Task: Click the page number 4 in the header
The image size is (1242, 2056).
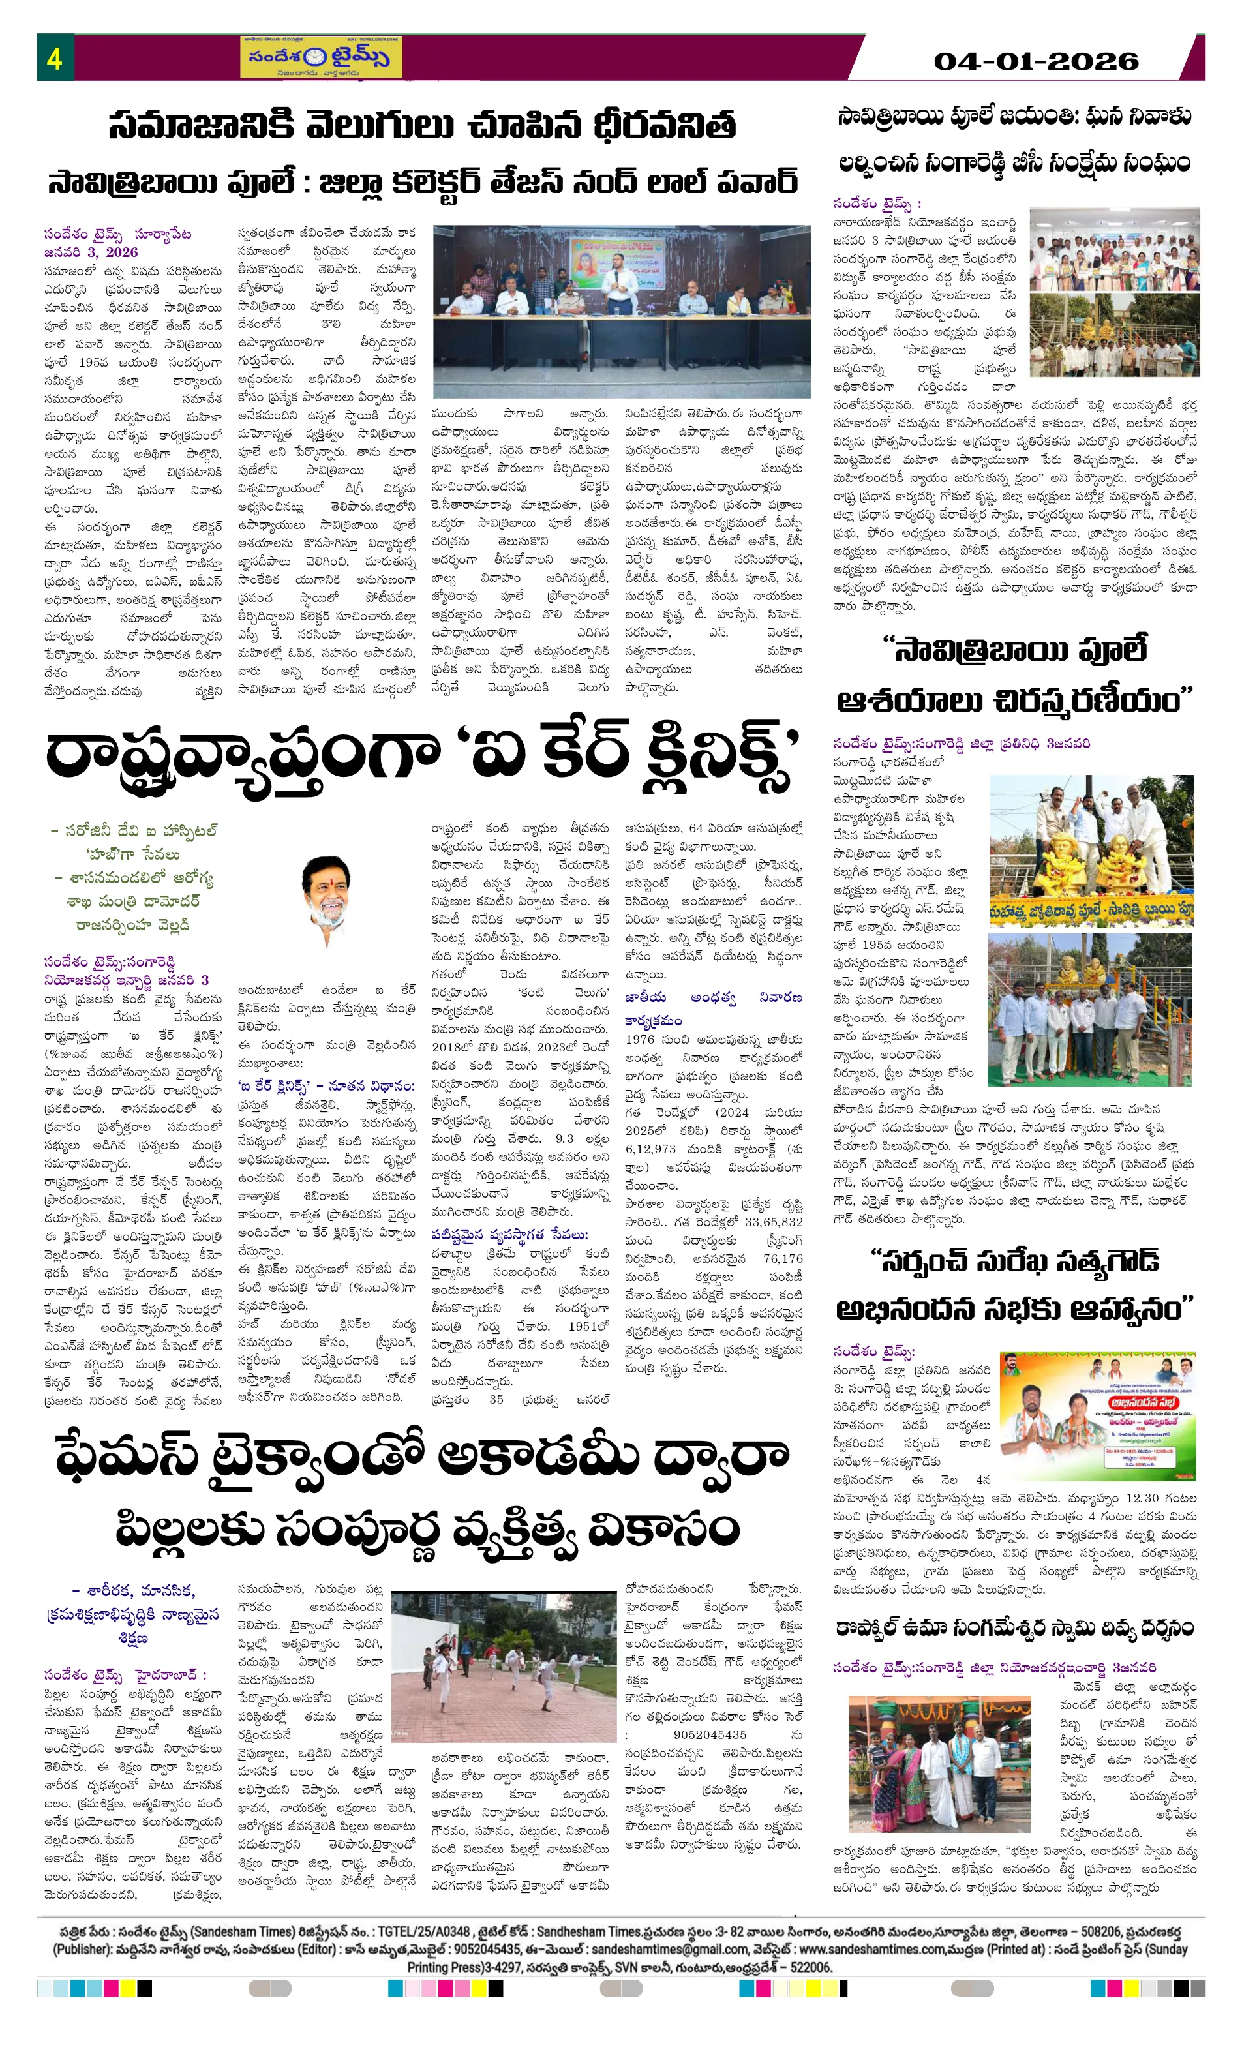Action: click(54, 59)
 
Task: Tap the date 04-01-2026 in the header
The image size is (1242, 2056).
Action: click(1035, 61)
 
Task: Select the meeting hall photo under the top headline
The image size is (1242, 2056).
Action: click(621, 310)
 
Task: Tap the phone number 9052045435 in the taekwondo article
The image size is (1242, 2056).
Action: click(710, 1734)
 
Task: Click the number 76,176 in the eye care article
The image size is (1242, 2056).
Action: click(782, 1258)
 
